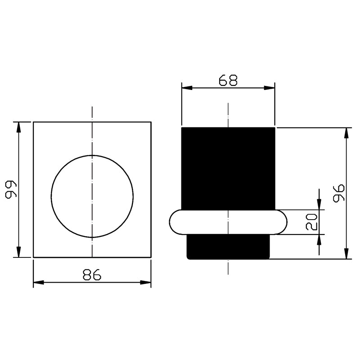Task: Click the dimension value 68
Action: coord(228,80)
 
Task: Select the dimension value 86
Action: coord(92,274)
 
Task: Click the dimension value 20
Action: coord(312,222)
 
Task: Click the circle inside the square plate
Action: coord(92,196)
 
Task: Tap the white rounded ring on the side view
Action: coord(228,222)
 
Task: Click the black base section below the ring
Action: coord(228,247)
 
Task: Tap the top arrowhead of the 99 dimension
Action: coord(18,126)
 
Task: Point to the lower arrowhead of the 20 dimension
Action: coord(319,239)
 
